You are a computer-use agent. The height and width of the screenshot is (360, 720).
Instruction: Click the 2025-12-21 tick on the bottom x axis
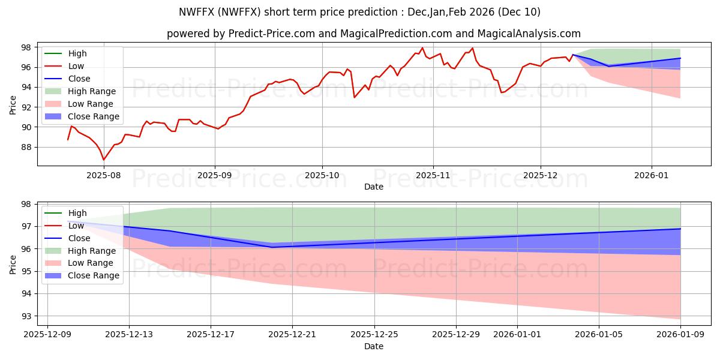[x=292, y=334]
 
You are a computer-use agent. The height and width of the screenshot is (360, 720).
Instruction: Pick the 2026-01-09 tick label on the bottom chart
[x=680, y=334]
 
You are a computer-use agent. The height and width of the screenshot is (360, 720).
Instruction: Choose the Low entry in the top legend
[x=76, y=66]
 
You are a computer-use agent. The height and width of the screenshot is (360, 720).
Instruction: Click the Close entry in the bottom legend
[x=79, y=238]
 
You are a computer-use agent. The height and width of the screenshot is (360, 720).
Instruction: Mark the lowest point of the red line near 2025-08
[x=104, y=160]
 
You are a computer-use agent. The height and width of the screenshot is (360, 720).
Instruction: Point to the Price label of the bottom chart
[x=13, y=263]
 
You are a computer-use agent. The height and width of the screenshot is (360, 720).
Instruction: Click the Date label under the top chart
[x=374, y=187]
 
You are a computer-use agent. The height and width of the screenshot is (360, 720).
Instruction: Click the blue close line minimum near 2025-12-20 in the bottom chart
[x=272, y=247]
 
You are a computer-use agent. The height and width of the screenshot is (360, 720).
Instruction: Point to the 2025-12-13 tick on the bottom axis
[x=129, y=334]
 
